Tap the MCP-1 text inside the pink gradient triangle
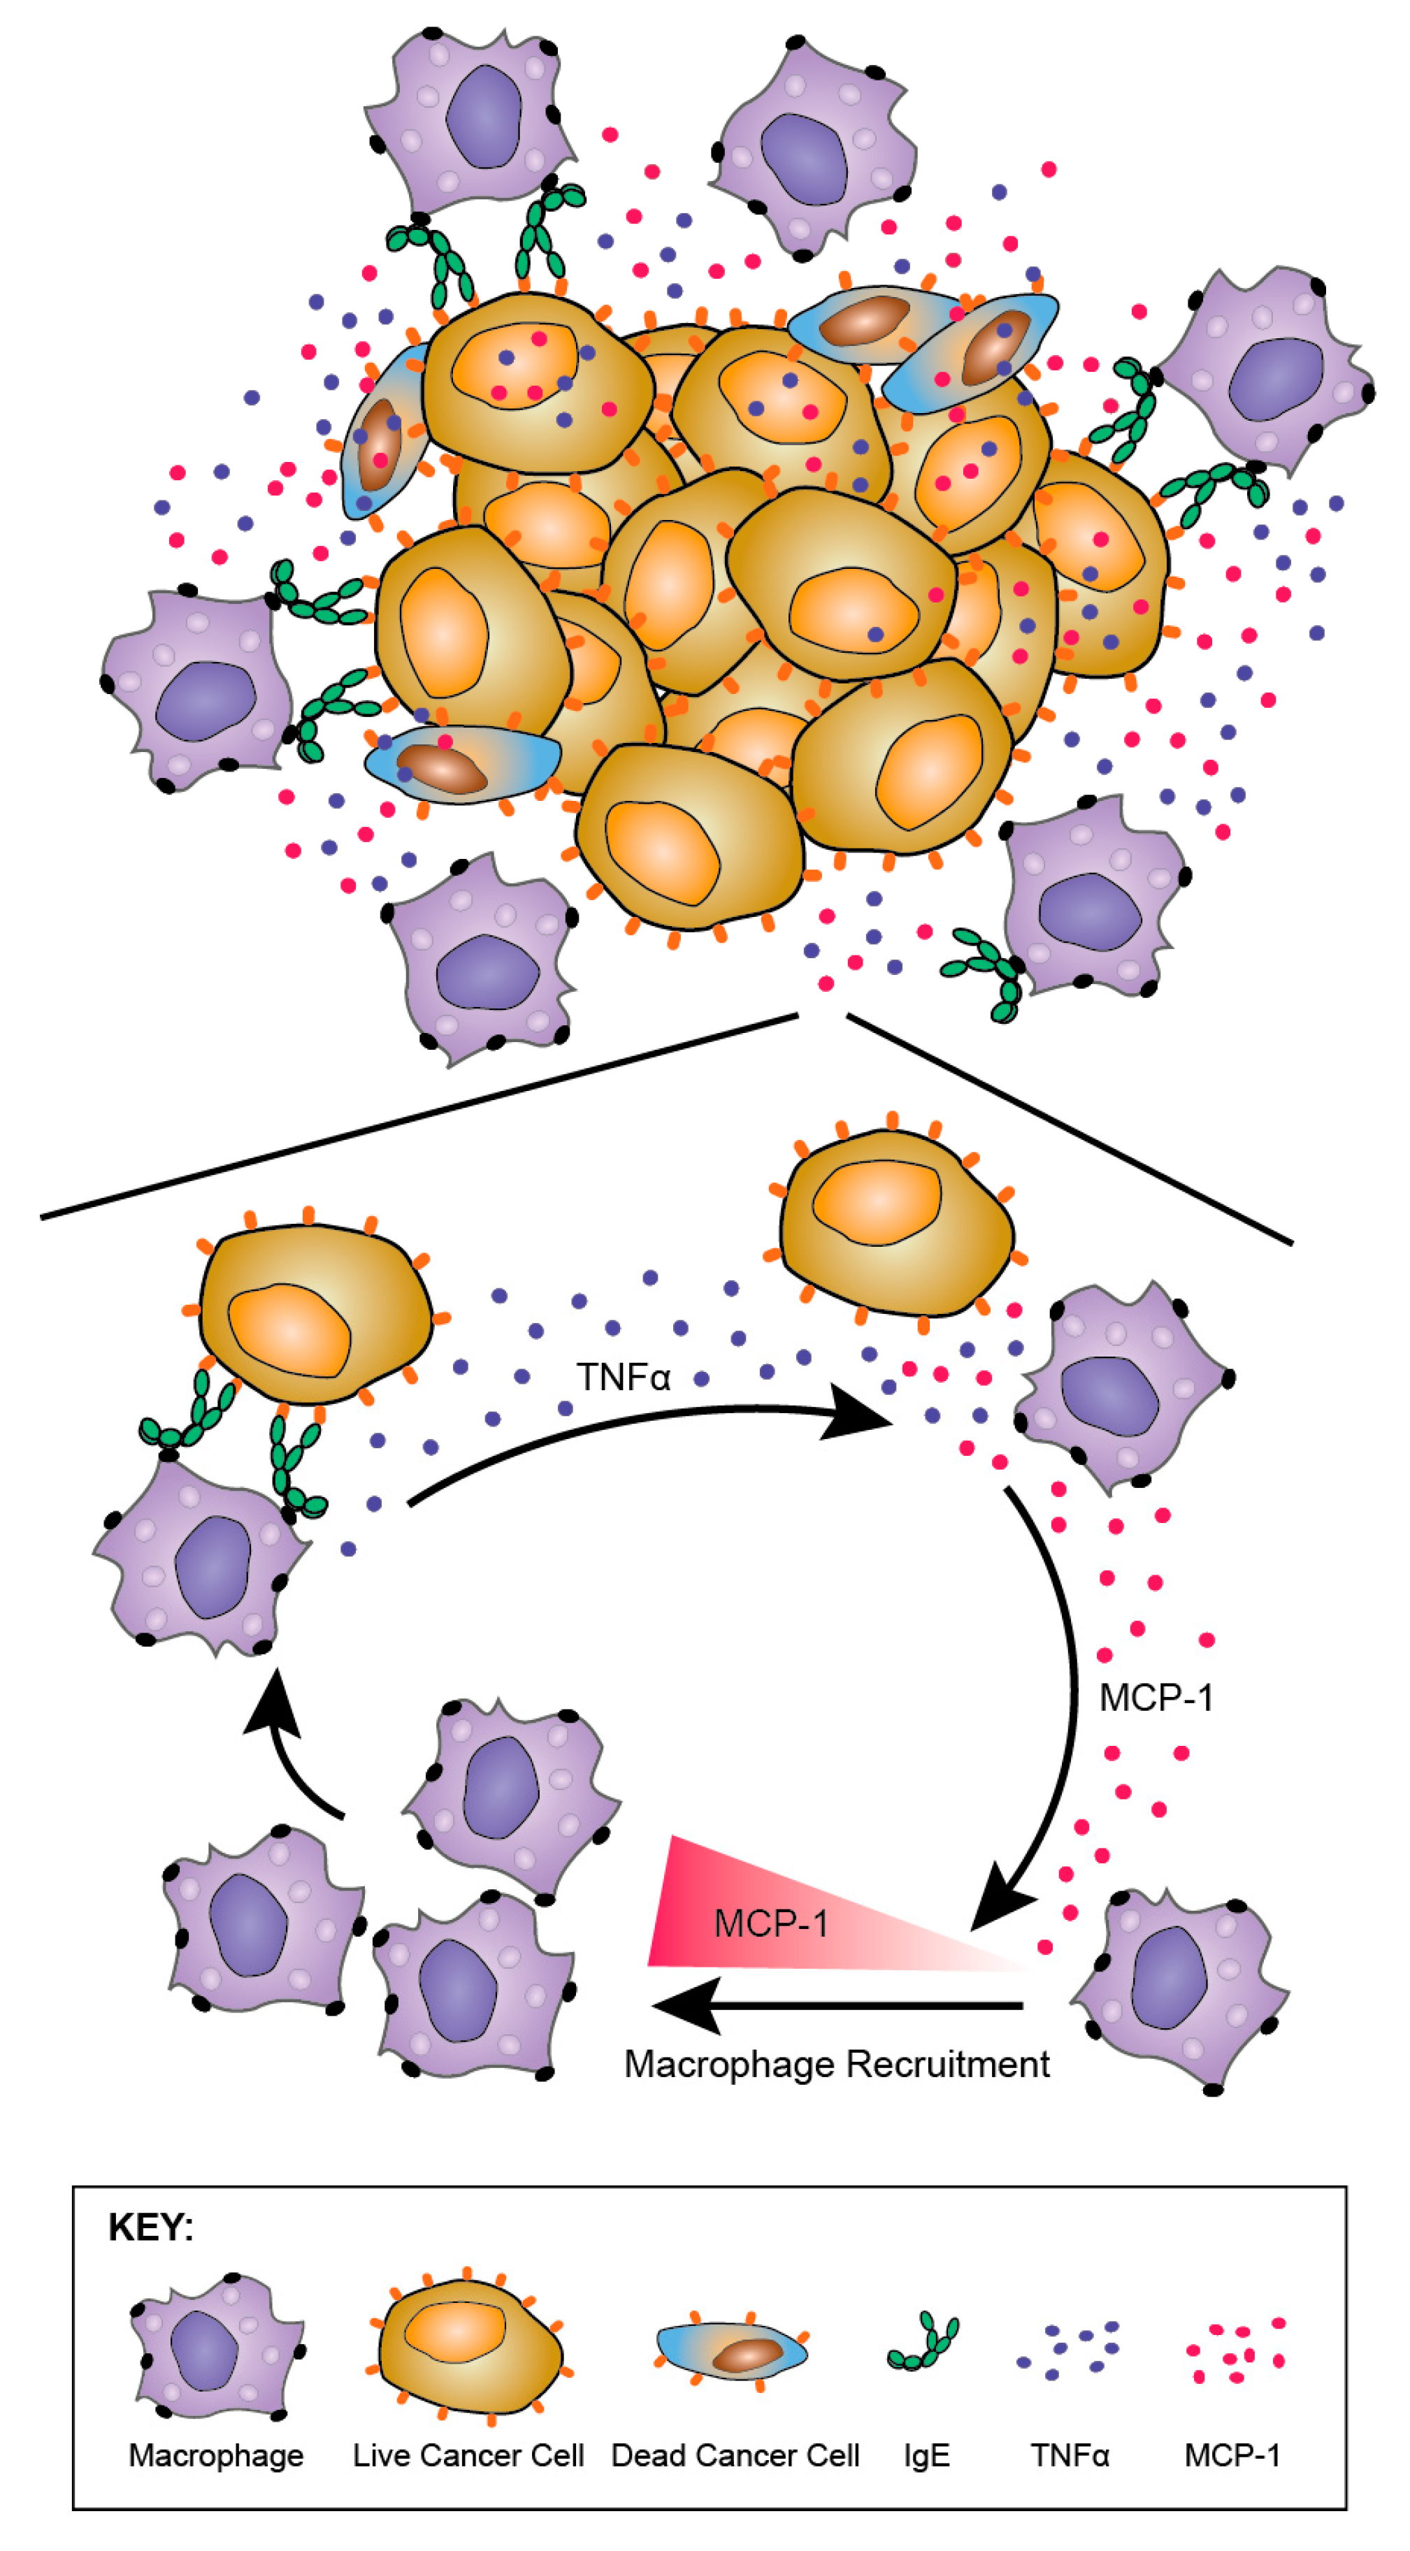coord(770,1923)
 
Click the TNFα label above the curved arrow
coord(624,1378)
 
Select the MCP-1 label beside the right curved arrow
coord(1156,1698)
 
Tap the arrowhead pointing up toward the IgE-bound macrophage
coord(271,1701)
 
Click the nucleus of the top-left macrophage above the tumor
coord(483,117)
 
